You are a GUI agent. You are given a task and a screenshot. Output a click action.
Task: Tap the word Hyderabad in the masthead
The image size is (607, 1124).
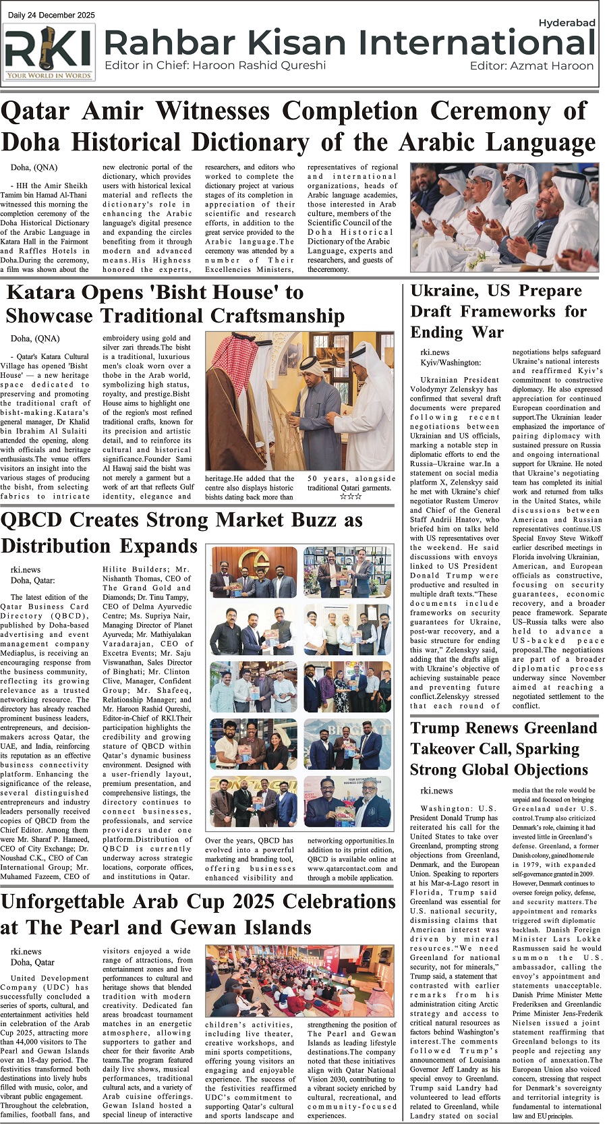point(567,23)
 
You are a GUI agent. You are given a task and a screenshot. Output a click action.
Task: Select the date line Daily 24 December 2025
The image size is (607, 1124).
point(51,15)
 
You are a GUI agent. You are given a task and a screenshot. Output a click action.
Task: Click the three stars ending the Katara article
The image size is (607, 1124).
point(351,497)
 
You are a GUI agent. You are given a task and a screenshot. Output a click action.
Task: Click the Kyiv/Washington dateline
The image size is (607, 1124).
point(451,363)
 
